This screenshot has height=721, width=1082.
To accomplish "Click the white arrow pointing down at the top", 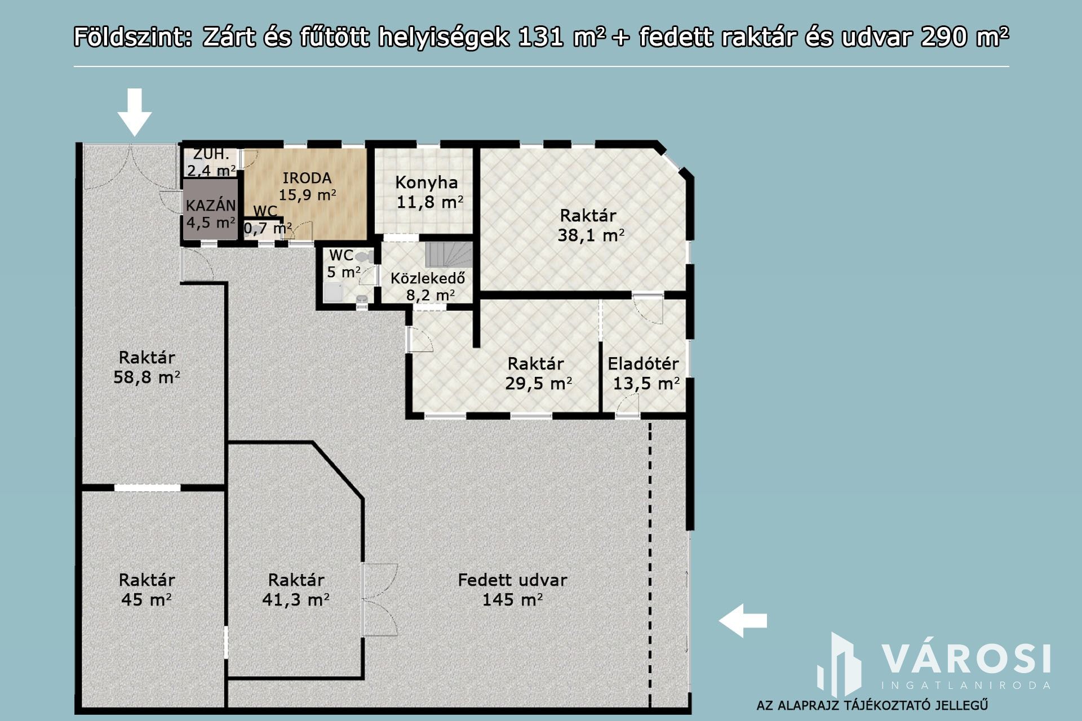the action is point(134,112).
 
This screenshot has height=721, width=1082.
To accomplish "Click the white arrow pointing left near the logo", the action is point(743,621).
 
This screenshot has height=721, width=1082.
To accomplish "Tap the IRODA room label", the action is point(307,178).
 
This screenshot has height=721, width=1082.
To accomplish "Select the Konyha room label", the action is point(427,183).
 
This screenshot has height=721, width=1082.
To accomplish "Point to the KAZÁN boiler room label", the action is point(211,206).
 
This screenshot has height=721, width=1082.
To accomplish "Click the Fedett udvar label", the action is point(512,580).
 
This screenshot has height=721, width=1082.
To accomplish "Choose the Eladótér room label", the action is point(643,363).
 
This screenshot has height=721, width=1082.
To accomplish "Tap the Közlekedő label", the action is point(428,278).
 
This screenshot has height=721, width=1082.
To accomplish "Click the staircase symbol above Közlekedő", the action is point(449,255).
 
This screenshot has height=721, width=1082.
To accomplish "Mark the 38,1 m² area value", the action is point(591,235).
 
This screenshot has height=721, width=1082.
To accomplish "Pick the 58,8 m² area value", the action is point(147,377).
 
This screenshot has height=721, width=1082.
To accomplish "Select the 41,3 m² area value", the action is point(296,599).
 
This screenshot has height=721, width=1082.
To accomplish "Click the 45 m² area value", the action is point(147,599).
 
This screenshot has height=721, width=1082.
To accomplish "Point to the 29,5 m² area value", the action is point(539,384).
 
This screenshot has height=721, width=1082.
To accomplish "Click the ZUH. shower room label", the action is point(211,154).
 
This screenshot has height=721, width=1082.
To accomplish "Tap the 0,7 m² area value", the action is point(268,228).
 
